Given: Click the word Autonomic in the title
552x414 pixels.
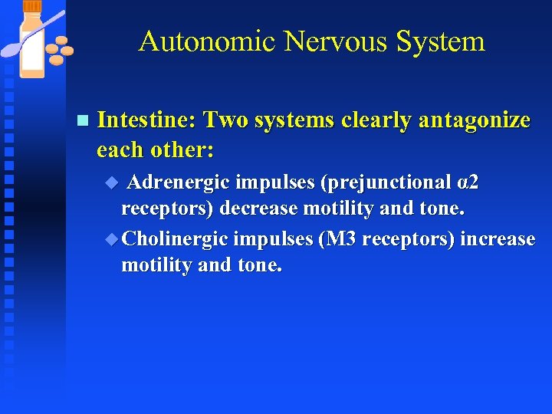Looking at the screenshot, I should coord(206,41).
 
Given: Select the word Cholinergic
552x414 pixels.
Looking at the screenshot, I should coord(175,239).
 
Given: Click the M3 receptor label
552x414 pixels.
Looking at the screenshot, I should coord(340,239).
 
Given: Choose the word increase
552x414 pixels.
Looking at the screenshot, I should coord(498,239).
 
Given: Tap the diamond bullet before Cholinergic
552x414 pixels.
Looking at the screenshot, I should coord(112,239).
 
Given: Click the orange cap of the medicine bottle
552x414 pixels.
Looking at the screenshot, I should coord(33,6).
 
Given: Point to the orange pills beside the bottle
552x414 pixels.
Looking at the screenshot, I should coord(58,51).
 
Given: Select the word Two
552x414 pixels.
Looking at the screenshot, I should coord(225,120).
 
